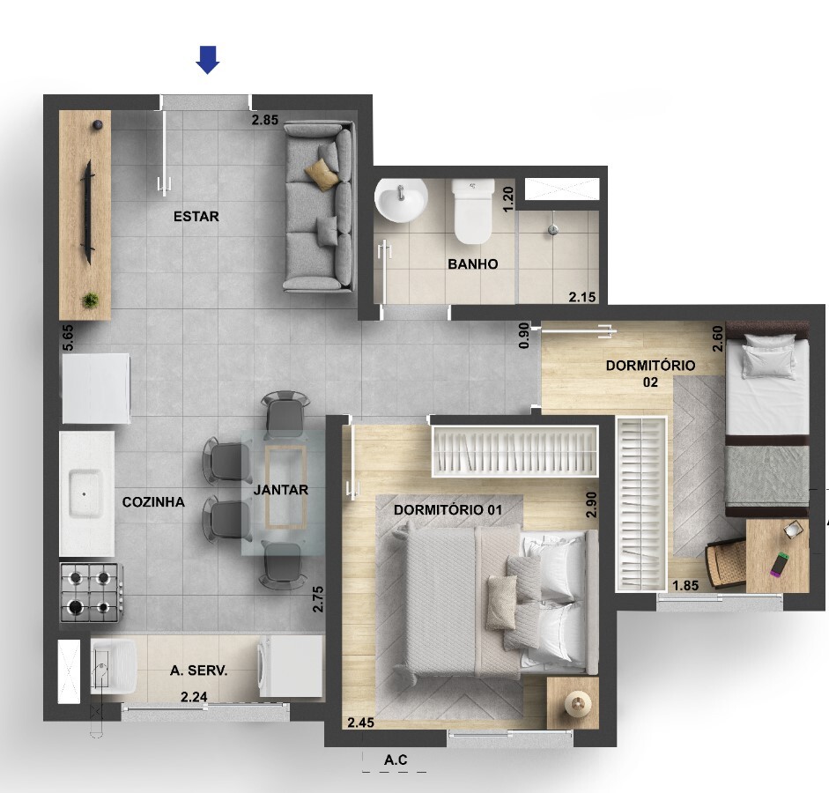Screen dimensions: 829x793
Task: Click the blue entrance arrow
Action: pos(208,60)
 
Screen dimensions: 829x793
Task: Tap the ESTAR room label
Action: pos(196,216)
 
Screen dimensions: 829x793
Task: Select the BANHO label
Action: pos(473,263)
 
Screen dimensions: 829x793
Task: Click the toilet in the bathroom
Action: pos(473,211)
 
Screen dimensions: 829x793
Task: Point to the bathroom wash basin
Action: pos(401,200)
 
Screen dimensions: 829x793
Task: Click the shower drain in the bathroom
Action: pos(553,229)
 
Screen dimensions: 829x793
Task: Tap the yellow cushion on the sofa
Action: pos(322,174)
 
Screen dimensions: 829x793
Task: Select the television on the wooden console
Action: pos(86,212)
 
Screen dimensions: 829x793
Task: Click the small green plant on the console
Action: pos(91,300)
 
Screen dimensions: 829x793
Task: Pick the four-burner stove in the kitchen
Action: pos(92,592)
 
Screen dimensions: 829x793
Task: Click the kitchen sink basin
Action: pos(85,494)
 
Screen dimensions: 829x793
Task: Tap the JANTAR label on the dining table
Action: pos(281,490)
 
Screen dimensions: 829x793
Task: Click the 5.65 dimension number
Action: pos(68,337)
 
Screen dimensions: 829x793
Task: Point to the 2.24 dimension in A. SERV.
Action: pos(194,697)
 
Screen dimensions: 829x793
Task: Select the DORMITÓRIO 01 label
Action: pos(448,510)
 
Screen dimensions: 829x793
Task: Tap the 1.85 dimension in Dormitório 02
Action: pos(685,585)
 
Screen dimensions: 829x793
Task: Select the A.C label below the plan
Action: pos(396,760)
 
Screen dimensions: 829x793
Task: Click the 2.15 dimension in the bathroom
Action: pos(582,297)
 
